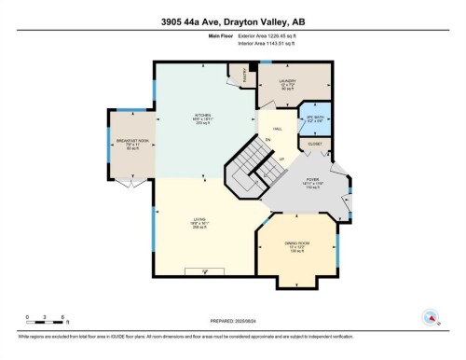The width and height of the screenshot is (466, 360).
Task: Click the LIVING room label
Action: click(199, 223)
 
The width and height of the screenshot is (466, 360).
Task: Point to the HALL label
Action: click(278, 130)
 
